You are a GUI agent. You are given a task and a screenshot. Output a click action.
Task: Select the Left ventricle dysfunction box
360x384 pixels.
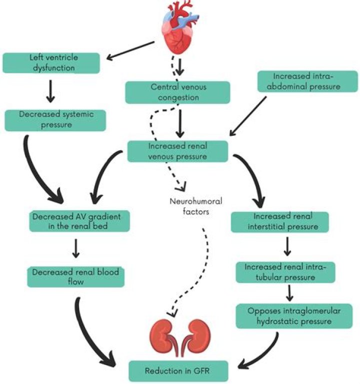[53, 62]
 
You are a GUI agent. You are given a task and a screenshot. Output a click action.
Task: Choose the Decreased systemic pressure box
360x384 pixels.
[55, 120]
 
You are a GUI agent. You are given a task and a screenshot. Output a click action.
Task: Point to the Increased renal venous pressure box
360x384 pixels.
[178, 151]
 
